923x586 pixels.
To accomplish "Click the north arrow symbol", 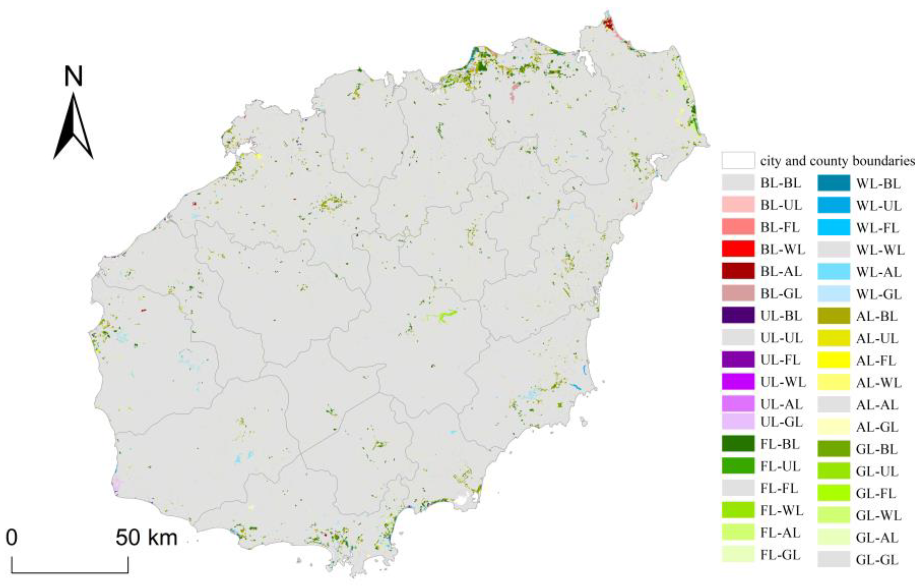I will point(73,127).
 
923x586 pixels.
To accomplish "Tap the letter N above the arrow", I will point(73,76).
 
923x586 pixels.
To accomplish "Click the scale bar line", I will point(70,572).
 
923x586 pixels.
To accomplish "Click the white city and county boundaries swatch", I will point(738,161).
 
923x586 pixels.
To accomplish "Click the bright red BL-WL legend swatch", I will point(738,249).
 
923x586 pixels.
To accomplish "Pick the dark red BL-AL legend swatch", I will point(738,271).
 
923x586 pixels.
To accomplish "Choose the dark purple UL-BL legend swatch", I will point(738,315).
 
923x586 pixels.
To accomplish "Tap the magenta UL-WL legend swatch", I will point(738,382).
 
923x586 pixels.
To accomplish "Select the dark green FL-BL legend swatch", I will point(738,444).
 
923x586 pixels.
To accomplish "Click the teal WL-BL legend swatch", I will point(834,183).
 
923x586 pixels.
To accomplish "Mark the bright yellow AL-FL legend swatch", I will point(834,360).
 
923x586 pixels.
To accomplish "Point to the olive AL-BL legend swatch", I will point(834,316).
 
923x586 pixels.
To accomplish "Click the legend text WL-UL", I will point(879,206).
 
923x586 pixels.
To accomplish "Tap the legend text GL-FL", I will point(876,493).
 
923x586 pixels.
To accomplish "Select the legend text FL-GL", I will point(781,555).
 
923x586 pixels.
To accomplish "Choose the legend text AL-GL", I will point(877,427).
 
